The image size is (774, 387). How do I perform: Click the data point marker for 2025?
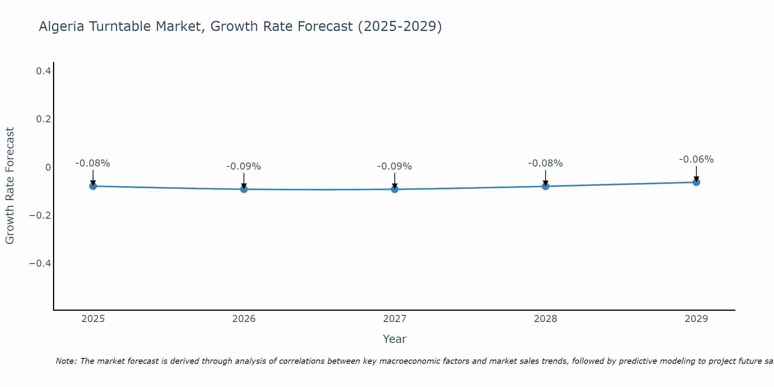click(x=93, y=186)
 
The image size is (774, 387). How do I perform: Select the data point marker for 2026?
click(x=244, y=189)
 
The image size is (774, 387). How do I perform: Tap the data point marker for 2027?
click(x=395, y=189)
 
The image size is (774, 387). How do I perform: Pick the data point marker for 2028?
click(x=546, y=186)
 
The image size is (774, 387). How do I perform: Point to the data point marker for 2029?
click(x=696, y=182)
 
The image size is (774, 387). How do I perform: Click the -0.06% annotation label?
click(x=696, y=159)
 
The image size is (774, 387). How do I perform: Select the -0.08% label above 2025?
click(x=93, y=163)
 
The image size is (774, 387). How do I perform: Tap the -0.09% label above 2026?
click(x=244, y=166)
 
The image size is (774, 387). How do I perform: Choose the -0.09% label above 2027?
click(x=395, y=166)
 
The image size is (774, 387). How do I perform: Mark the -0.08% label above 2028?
click(x=546, y=163)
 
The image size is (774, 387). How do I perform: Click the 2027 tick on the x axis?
click(x=395, y=319)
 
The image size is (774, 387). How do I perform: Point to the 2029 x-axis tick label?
click(x=696, y=319)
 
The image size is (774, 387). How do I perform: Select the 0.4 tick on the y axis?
click(x=43, y=71)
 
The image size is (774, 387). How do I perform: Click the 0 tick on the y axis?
click(x=48, y=167)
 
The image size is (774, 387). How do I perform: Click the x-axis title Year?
click(x=395, y=339)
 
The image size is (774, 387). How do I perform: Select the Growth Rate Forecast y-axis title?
click(x=10, y=186)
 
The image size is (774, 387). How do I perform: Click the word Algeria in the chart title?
click(x=62, y=26)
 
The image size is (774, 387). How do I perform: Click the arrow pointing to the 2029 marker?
click(x=696, y=173)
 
